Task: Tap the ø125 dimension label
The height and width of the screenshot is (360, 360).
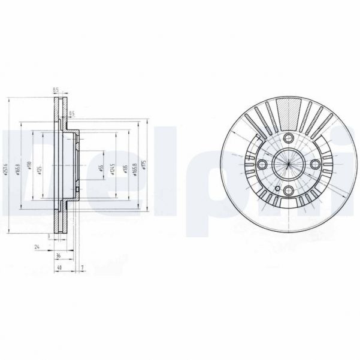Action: tap(40, 170)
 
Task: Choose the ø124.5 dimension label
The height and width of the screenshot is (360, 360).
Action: tap(113, 170)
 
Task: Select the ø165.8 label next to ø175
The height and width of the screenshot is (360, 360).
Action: tap(135, 170)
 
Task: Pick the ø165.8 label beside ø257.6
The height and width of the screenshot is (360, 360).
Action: tap(17, 170)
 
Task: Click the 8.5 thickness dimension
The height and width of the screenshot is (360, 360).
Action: tap(56, 89)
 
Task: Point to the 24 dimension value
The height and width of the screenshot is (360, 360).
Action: tap(37, 246)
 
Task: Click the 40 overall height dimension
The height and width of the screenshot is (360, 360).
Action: tap(60, 267)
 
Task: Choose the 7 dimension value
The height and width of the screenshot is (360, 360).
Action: tap(83, 267)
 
